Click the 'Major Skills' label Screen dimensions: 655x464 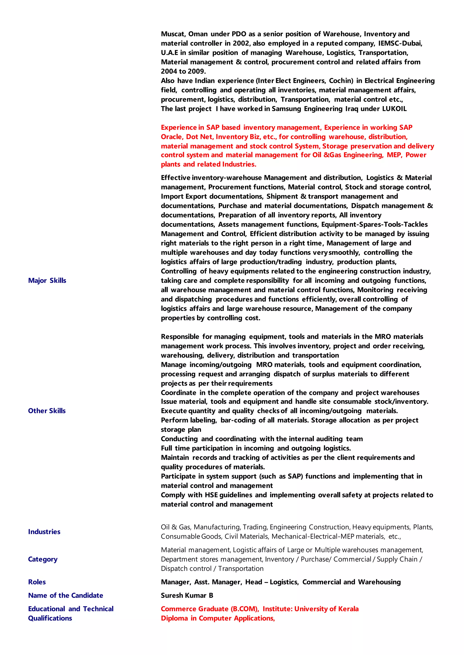pos(47,281)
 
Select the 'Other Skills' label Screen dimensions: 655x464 pos(47,411)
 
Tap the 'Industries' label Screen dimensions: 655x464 pos(44,532)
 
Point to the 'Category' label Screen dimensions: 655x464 pos(43,559)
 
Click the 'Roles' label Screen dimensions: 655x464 pos(37,582)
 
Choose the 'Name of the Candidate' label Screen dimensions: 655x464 pos(65,595)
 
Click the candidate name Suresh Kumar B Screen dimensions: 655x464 pos(187,595)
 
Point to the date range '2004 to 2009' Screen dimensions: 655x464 pos(183,71)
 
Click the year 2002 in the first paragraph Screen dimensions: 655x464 pos(241,43)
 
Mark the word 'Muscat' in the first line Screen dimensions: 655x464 pos(173,34)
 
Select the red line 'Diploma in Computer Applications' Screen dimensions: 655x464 pos(217,618)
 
